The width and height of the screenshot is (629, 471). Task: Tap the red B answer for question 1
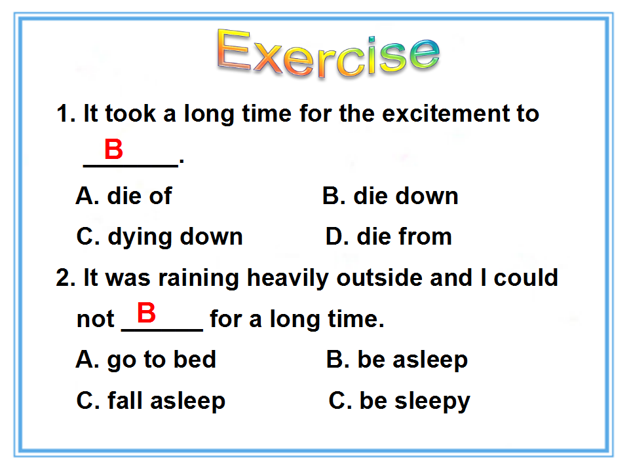pyautogui.click(x=113, y=149)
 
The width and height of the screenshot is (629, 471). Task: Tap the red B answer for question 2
pyautogui.click(x=146, y=313)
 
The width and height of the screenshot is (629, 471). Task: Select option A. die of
pyautogui.click(x=124, y=196)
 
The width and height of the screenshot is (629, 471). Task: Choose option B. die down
pyautogui.click(x=391, y=196)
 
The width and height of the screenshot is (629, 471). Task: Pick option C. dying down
pyautogui.click(x=160, y=237)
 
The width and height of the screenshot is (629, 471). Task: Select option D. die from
pyautogui.click(x=389, y=236)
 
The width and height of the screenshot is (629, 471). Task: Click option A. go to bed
pyautogui.click(x=146, y=360)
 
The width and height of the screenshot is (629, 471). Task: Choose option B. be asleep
pyautogui.click(x=397, y=360)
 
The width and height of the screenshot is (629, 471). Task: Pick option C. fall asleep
pyautogui.click(x=151, y=401)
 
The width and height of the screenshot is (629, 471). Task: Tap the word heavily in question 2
pyautogui.click(x=288, y=279)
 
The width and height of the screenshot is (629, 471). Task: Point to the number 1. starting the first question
pyautogui.click(x=66, y=114)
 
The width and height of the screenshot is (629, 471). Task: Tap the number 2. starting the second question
pyautogui.click(x=66, y=278)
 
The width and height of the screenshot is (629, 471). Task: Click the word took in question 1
pyautogui.click(x=130, y=113)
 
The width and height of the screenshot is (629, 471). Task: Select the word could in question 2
pyautogui.click(x=526, y=277)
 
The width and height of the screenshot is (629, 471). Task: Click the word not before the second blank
pyautogui.click(x=96, y=319)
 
